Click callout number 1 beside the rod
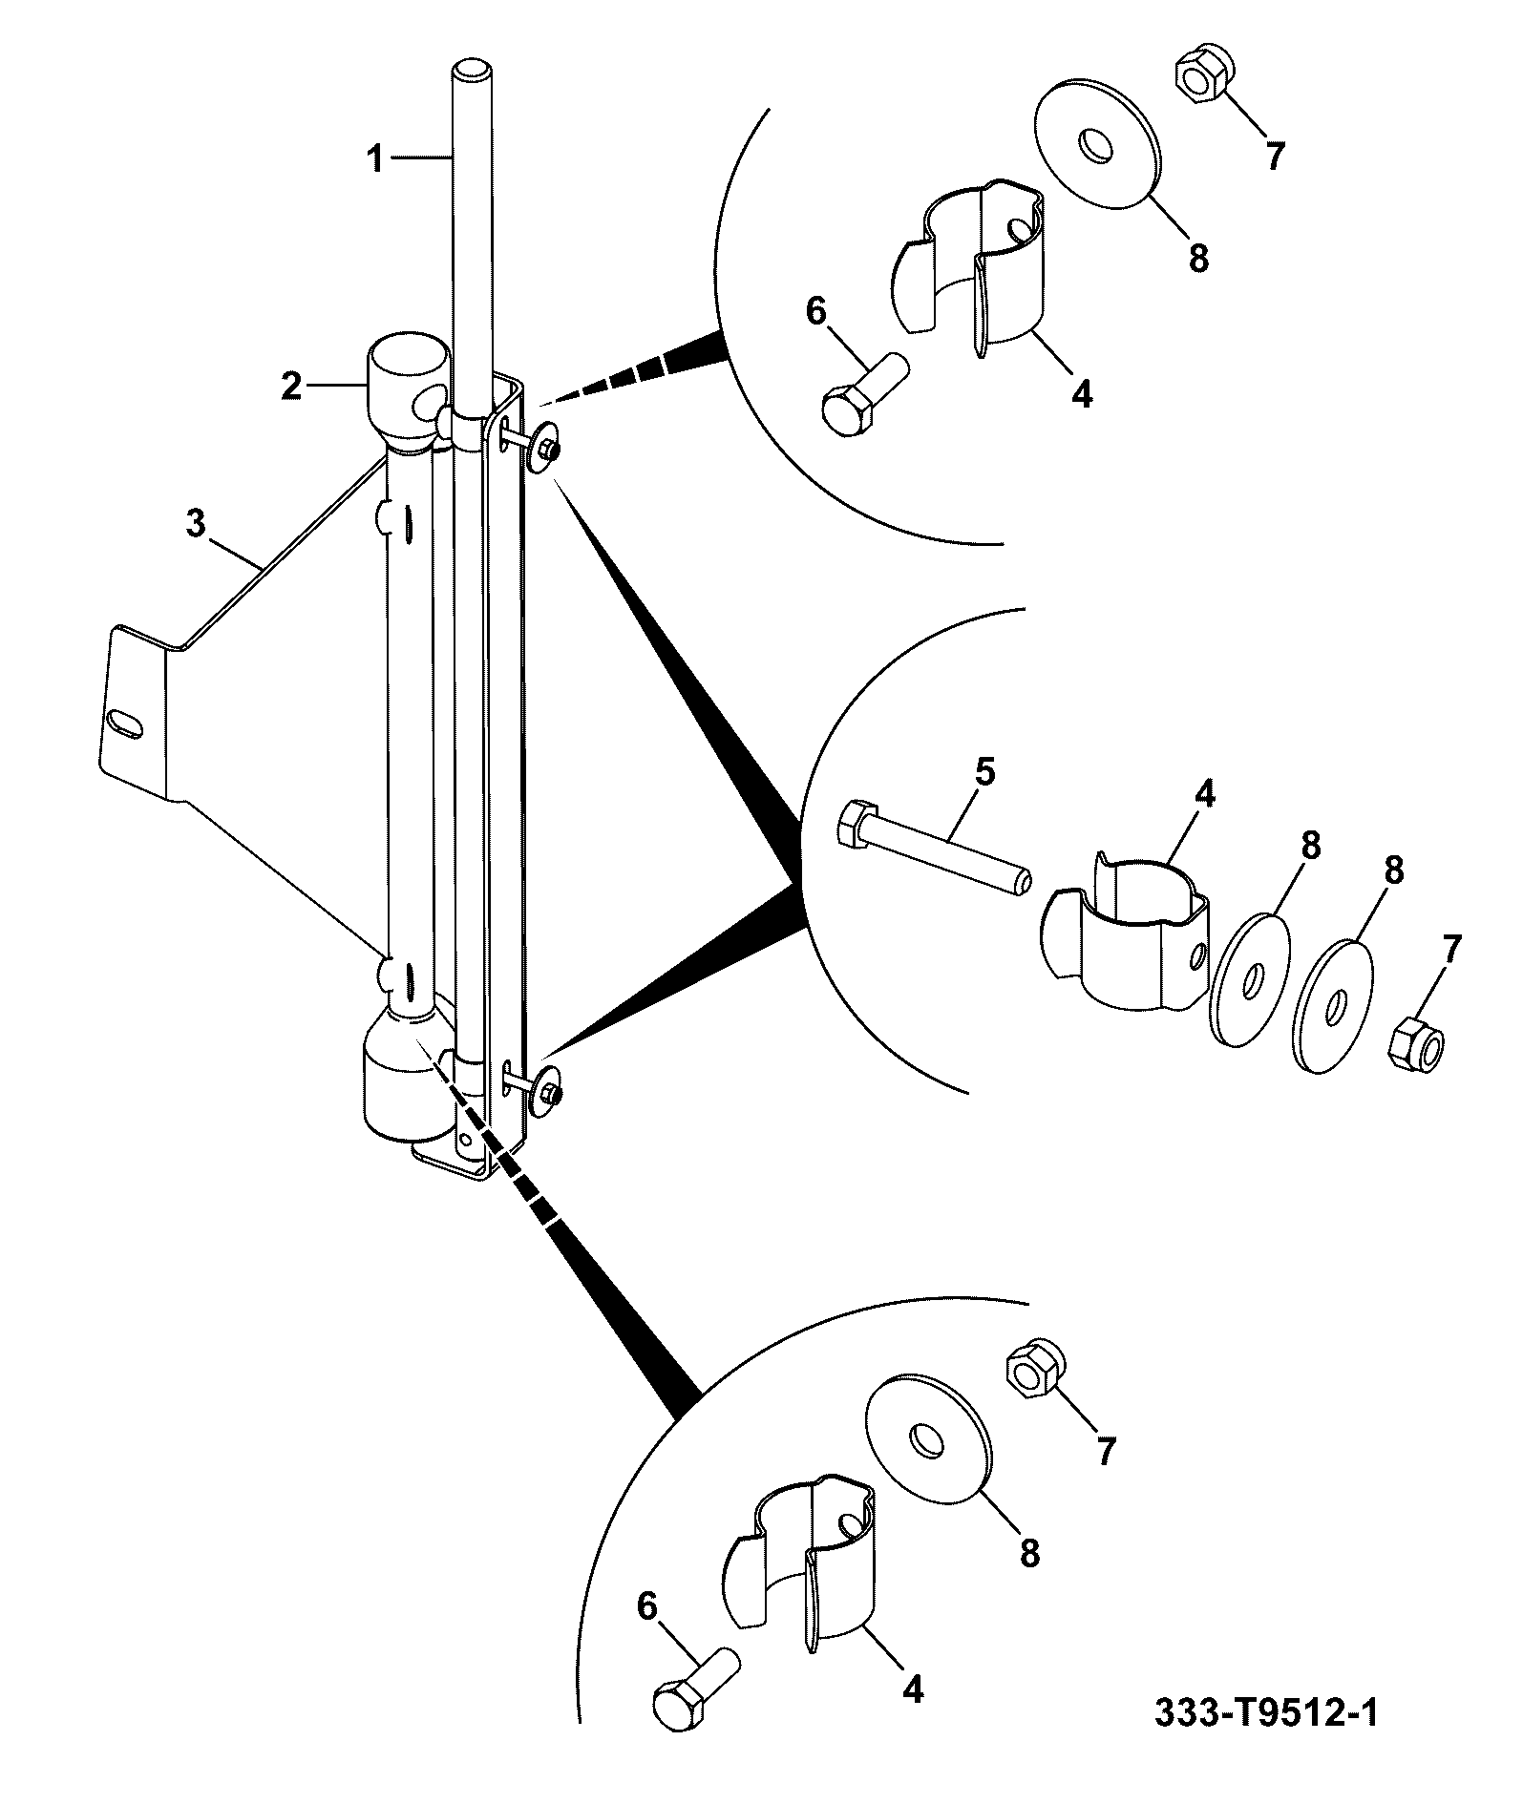376,158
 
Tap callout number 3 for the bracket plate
196,524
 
